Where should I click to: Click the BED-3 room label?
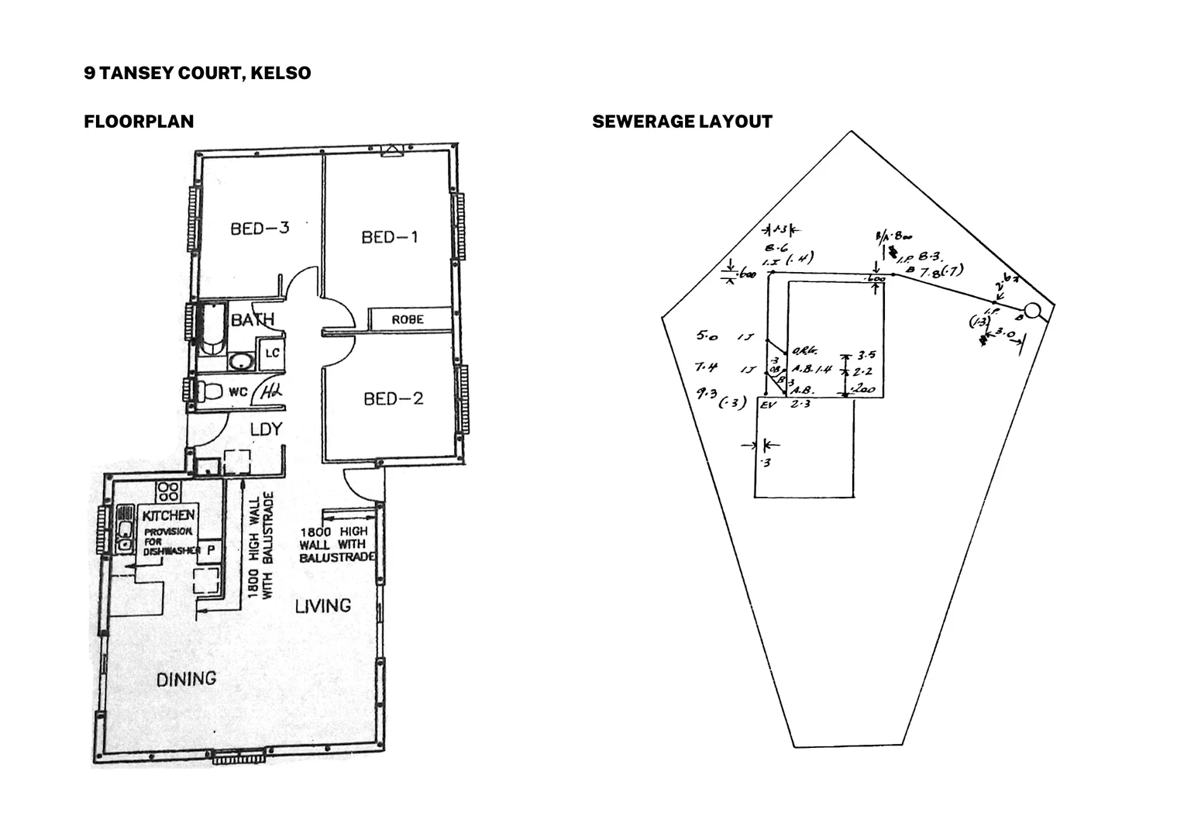[x=260, y=229]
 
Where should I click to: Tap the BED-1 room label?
[x=389, y=237]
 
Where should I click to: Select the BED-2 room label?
[x=394, y=399]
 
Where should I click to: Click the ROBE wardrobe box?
[x=408, y=319]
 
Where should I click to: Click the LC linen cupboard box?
[x=272, y=353]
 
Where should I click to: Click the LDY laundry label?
[x=265, y=429]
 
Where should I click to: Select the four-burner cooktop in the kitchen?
[x=169, y=491]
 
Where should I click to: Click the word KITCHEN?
[x=168, y=515]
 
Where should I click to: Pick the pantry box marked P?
[x=209, y=549]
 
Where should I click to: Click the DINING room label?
[x=186, y=680]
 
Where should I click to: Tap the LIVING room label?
[x=322, y=605]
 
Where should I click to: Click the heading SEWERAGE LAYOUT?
[x=682, y=122]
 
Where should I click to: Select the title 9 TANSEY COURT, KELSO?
[x=198, y=73]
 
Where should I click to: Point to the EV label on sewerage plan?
[x=769, y=405]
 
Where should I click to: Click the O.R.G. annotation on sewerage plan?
[x=801, y=353]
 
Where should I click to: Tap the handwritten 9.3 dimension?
[x=706, y=393]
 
